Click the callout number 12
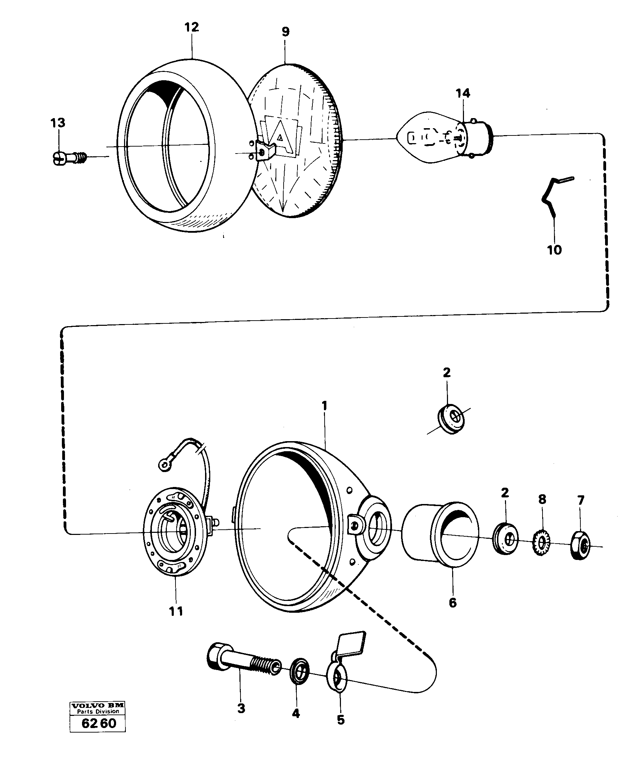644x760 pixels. [x=191, y=27]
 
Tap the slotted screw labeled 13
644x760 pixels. [x=68, y=158]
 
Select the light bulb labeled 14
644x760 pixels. [x=443, y=139]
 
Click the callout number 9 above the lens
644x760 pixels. [x=285, y=32]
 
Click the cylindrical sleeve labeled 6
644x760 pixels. [x=440, y=535]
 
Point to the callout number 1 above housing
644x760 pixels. [x=324, y=406]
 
